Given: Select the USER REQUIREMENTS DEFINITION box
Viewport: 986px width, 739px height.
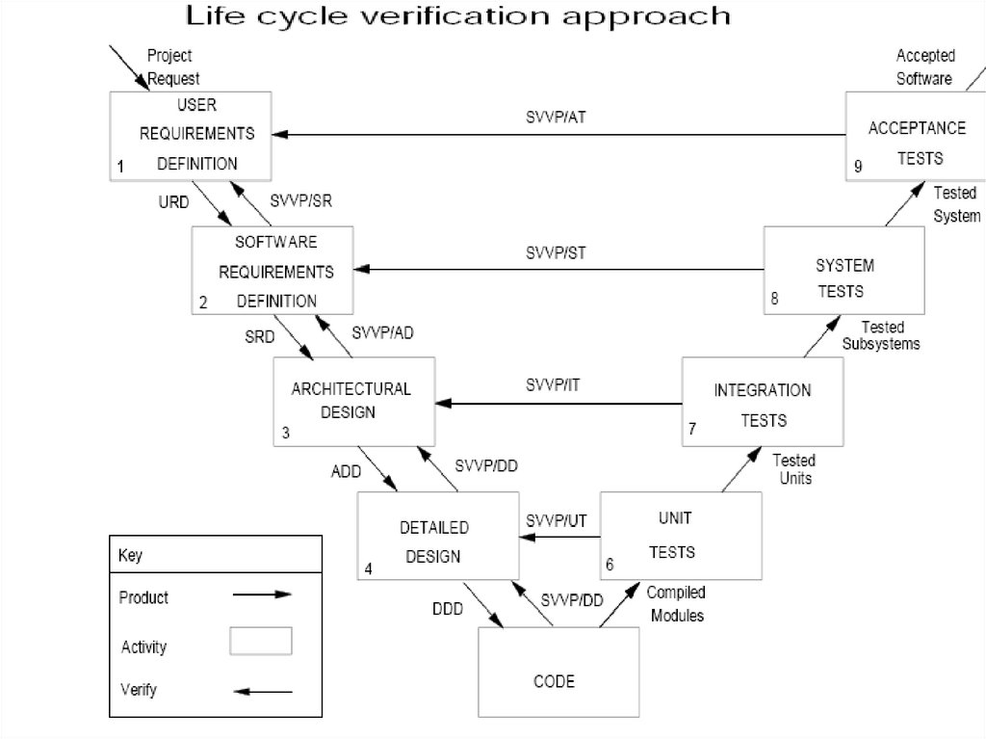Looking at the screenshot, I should point(190,135).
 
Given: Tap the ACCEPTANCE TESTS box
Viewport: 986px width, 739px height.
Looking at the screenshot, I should point(905,135).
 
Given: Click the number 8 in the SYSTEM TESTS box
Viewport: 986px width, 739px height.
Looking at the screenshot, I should point(774,298).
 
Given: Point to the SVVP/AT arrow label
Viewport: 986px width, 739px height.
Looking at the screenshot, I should point(556,117).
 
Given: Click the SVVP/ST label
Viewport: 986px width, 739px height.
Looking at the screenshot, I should point(556,253).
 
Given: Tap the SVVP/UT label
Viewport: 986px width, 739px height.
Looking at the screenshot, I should point(557,520).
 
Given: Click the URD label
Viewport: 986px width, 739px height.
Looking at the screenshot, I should point(173,202).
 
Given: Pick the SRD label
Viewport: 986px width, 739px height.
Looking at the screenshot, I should point(259,336).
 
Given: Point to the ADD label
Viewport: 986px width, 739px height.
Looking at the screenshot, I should point(346,472).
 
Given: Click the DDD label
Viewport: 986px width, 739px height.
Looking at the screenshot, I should point(447,609).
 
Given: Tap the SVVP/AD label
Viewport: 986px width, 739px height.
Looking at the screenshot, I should point(383,333).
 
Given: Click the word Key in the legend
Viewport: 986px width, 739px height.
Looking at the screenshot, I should point(130,556).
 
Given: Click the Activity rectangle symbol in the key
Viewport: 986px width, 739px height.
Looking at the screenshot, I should point(261,641).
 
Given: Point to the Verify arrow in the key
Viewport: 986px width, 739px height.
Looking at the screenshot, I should point(263,691).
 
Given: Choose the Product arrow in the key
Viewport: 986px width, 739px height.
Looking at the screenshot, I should point(262,595).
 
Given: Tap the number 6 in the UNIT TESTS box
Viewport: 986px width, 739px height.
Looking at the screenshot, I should point(610,565).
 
